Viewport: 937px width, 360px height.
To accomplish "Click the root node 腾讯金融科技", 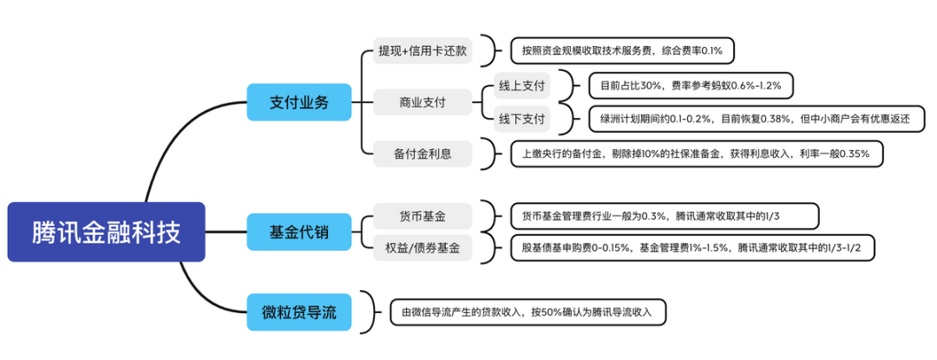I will click(106, 232).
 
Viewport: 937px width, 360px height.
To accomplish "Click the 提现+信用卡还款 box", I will click(423, 50).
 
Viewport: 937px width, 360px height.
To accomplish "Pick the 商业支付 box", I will click(423, 102).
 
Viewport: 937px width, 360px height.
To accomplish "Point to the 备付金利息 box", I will click(423, 154).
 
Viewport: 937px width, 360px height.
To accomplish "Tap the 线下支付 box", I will click(521, 119).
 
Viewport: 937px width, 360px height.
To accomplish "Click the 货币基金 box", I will click(423, 214).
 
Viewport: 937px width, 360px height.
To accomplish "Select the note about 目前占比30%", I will click(690, 85).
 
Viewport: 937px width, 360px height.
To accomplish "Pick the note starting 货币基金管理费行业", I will click(664, 214).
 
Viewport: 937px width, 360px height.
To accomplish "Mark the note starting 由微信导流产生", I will click(527, 311).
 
